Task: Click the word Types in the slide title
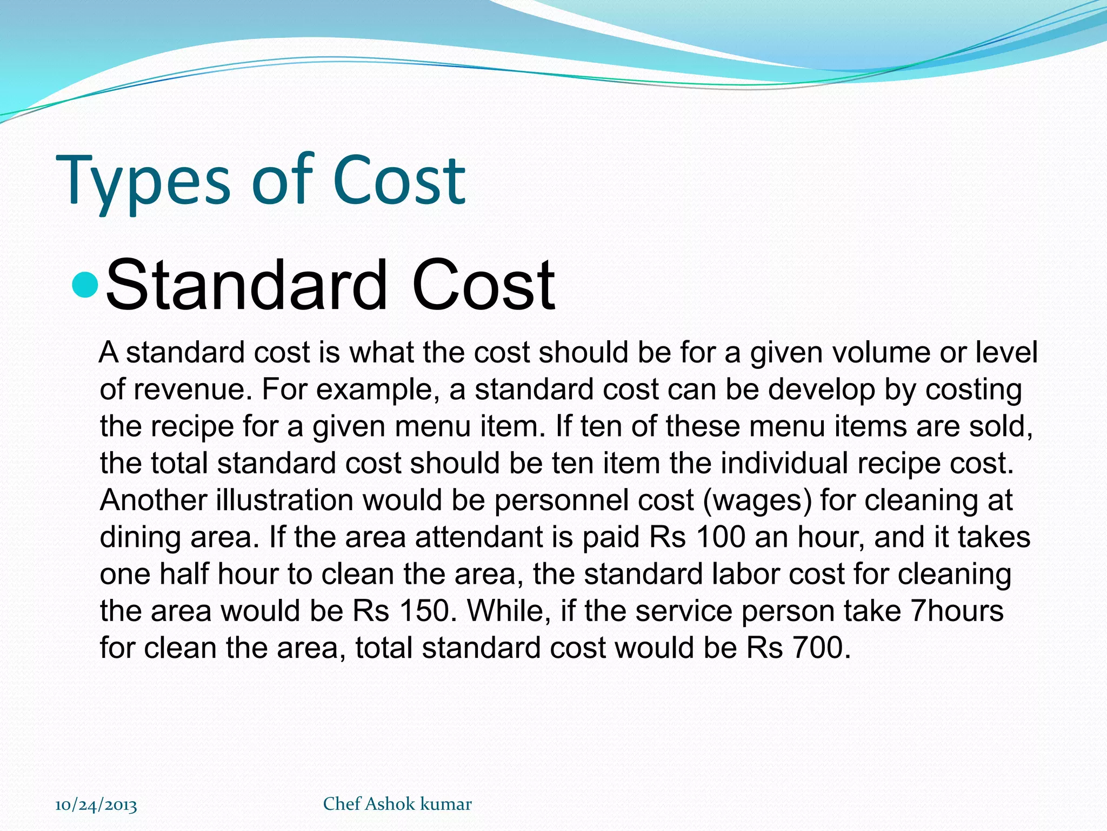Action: tap(143, 181)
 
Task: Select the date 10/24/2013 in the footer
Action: tap(96, 805)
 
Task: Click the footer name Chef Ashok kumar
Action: tap(397, 804)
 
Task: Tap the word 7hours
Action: tap(957, 611)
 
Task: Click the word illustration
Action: tap(285, 500)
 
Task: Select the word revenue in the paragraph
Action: tap(193, 390)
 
